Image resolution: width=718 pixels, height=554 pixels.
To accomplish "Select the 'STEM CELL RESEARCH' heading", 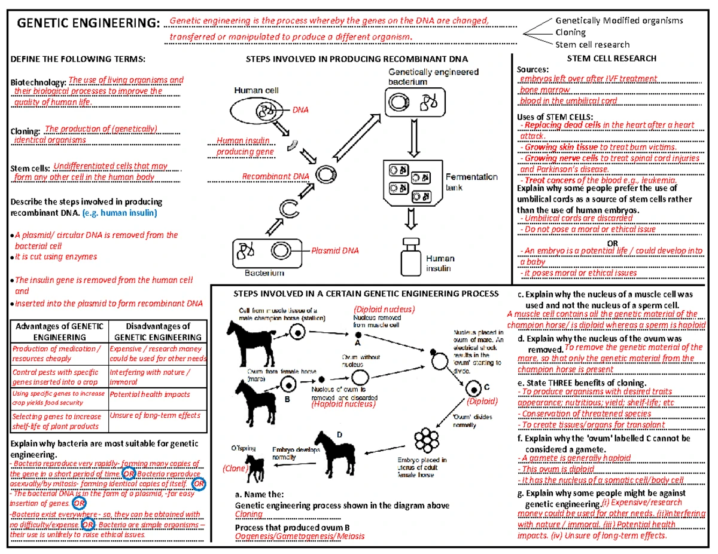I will tap(612, 59).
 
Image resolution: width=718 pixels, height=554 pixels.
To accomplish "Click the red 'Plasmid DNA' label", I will tap(335, 250).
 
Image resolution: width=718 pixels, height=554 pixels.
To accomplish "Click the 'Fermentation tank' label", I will tap(471, 182).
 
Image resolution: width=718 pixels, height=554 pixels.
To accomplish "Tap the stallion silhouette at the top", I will tap(246, 337).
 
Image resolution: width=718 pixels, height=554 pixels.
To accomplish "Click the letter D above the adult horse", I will tap(339, 436).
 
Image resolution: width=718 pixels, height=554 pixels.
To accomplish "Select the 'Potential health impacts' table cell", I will tap(150, 394).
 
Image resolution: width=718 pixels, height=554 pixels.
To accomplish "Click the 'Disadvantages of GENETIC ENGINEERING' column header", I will tap(156, 332).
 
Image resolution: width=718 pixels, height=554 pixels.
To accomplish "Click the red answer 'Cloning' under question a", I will tap(248, 514).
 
